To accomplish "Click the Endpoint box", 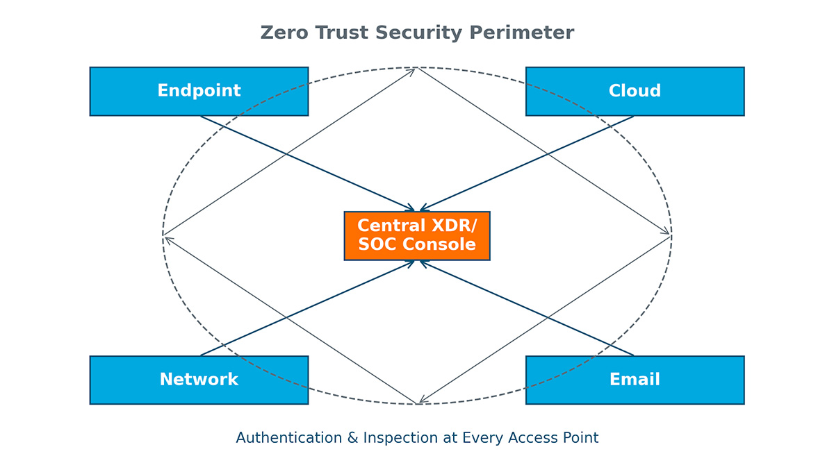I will coord(199,91).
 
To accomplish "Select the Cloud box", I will coord(635,91).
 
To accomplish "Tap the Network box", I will coord(199,380).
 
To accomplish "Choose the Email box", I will coord(635,380).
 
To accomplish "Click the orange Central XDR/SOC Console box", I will coord(417,236).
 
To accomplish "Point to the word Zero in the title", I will coord(281,33).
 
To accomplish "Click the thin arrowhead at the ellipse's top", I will coord(414,69).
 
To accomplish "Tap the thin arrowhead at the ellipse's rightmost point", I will coord(668,233).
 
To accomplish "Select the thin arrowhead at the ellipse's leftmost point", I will coord(166,239).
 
